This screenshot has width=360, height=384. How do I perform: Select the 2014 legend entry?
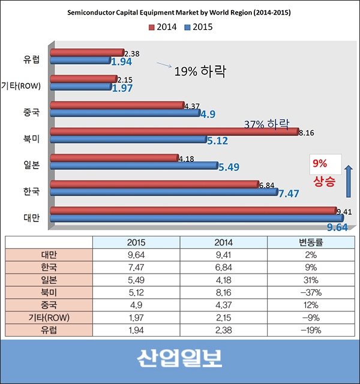tap(164, 26)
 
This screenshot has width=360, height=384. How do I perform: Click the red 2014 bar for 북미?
tap(174, 132)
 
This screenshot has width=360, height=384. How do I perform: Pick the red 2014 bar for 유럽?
tap(88, 53)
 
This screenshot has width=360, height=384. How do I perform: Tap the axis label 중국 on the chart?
tap(31, 111)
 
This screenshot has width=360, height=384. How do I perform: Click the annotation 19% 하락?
tap(200, 71)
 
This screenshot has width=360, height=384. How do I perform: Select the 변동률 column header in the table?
tap(312, 242)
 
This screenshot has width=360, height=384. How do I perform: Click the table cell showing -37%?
tap(312, 293)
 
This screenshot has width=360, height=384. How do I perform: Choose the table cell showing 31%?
tap(312, 280)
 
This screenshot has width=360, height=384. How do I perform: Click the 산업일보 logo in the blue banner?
tap(179, 359)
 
